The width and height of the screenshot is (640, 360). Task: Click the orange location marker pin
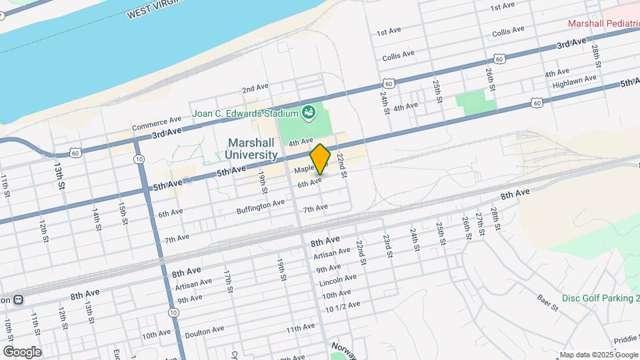pos(320,159)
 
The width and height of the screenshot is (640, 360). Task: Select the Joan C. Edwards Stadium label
pos(244,113)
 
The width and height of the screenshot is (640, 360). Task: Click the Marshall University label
pos(252,149)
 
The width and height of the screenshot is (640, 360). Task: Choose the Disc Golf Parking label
pos(600,298)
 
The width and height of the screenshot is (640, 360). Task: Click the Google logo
pos(22,351)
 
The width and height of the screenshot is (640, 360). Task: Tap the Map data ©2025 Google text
pos(598,355)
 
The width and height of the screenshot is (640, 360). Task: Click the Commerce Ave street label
pos(157,123)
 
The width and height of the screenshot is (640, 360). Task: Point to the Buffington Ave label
pos(261,207)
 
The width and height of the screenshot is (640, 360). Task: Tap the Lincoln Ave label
pos(337,277)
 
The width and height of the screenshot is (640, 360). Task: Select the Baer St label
pos(549,303)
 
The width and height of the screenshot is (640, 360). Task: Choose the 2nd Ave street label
pos(255,88)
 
